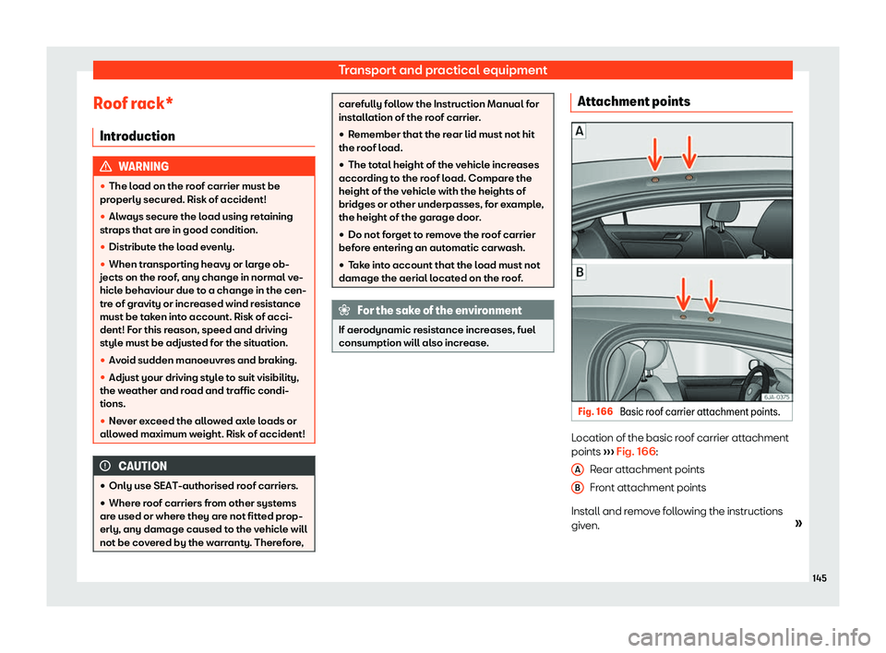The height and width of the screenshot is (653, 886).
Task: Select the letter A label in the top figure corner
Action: (x=581, y=132)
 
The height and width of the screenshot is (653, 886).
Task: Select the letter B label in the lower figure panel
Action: (x=581, y=274)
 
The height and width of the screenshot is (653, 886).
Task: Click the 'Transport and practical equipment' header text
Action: (x=443, y=69)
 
